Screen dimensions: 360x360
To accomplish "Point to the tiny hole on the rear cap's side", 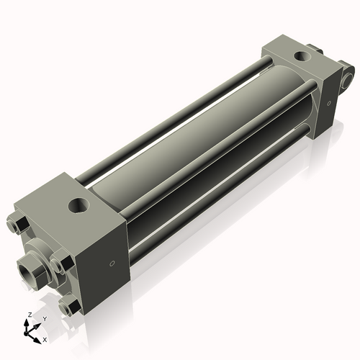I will [328, 105].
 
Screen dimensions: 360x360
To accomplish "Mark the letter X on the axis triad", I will [45, 338].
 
